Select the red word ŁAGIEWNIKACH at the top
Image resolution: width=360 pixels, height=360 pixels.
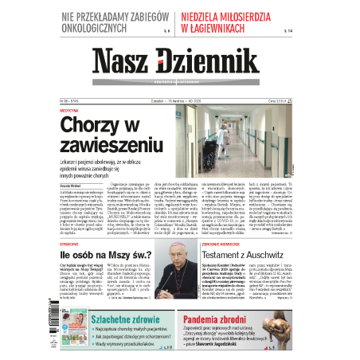[233, 29]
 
